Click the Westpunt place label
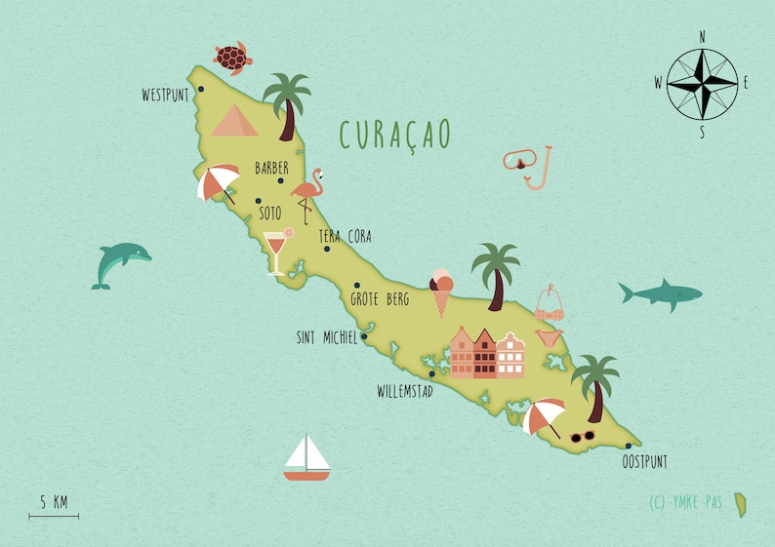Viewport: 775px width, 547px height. click(165, 96)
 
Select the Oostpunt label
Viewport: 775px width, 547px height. click(644, 461)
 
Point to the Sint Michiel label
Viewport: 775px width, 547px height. click(326, 338)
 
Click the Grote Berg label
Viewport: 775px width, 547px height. click(380, 299)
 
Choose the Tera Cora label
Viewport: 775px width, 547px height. click(346, 237)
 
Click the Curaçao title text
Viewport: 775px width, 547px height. click(395, 135)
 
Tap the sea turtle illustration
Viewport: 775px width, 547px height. click(233, 58)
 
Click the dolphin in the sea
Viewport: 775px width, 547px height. click(120, 264)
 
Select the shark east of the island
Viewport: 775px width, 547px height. click(660, 293)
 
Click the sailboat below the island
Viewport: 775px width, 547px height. click(306, 458)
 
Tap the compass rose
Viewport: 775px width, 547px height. click(703, 84)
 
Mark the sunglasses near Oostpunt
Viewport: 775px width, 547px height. click(583, 436)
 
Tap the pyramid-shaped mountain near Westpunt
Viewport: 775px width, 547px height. click(234, 121)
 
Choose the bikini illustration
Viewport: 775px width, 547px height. click(551, 314)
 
